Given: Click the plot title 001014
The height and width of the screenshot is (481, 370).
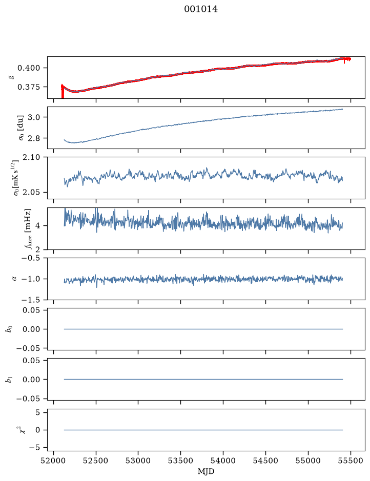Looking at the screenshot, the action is coord(201,9).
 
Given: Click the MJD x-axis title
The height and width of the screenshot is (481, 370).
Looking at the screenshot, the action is coord(206,471).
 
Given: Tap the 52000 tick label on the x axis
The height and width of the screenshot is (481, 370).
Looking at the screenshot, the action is coord(54,461).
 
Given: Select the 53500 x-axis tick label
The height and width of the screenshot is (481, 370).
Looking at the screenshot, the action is coord(181,461).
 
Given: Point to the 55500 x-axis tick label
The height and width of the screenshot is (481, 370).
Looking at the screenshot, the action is coord(351,461).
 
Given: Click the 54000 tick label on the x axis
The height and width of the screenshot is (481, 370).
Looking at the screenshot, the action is coord(223,461).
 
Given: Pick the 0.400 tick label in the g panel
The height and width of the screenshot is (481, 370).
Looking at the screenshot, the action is coord(29,68).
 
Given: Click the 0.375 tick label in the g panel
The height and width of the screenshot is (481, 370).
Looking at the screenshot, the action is coord(29,87).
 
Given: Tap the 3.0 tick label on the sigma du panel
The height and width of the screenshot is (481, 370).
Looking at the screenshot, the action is coord(34,117).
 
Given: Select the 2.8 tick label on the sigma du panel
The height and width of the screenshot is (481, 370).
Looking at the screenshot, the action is coord(34,138).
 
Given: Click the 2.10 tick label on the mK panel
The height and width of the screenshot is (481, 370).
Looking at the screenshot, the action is coord(31,157).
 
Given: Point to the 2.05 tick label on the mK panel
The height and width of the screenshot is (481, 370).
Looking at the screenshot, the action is coord(31,192).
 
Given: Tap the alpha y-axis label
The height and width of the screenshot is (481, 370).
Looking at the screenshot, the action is coord(14,279).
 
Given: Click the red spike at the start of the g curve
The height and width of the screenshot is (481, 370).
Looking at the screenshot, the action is coord(63,91).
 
